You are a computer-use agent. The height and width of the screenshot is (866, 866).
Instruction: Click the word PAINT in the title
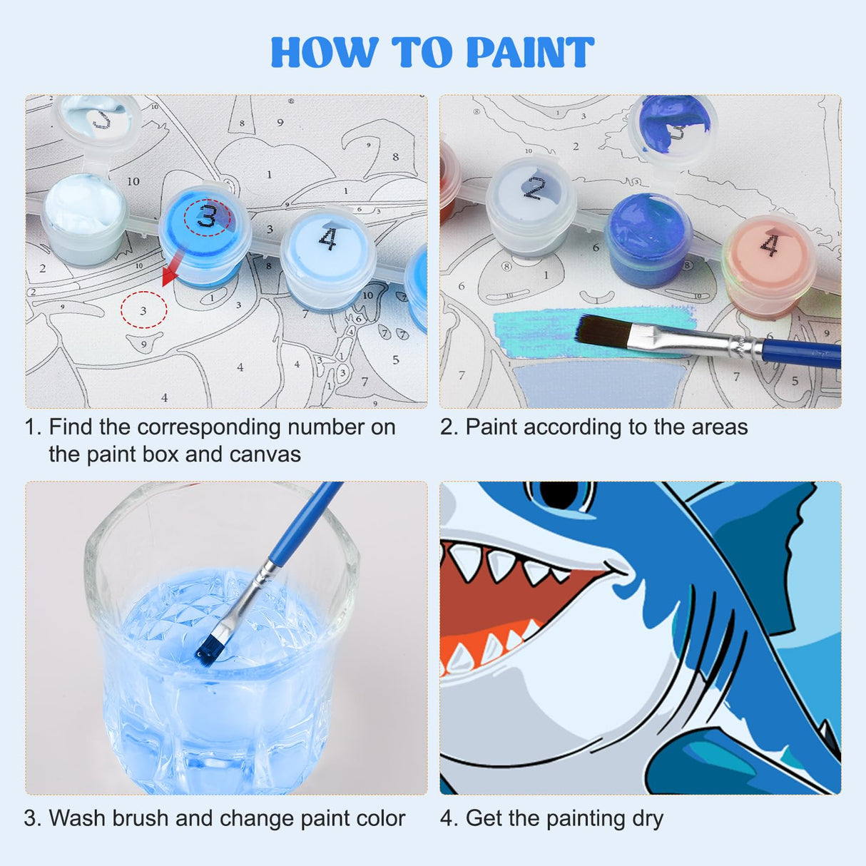pos(529,53)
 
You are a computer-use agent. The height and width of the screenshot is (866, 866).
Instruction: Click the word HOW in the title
pos(325,53)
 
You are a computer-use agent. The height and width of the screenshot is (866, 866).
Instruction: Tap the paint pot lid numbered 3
pos(206,218)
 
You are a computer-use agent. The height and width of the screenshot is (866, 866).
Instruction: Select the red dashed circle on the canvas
pos(143,310)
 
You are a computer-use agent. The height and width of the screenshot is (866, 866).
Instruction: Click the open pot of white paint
pos(83,207)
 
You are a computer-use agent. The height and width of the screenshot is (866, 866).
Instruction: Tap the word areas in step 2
pos(719,427)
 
